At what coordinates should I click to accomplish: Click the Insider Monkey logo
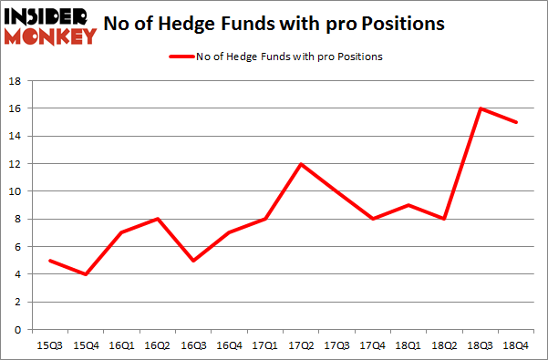click(51, 26)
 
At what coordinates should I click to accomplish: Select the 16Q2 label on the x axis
click(158, 346)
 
